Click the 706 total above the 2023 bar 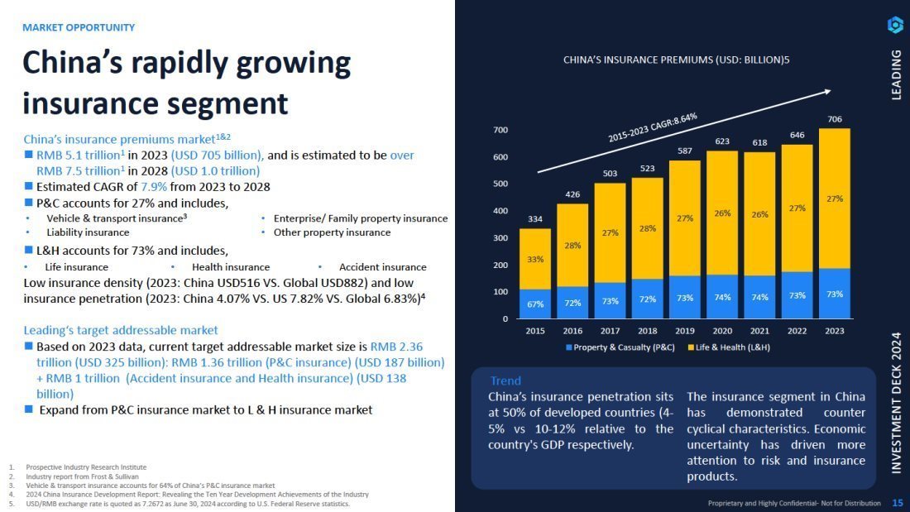click(x=835, y=119)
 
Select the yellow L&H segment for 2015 click(x=535, y=259)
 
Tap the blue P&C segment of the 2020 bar click(x=722, y=297)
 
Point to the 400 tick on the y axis click(x=501, y=211)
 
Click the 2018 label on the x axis click(x=648, y=330)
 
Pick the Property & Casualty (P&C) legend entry click(x=620, y=347)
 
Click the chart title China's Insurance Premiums click(x=676, y=60)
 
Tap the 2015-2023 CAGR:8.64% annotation click(x=653, y=128)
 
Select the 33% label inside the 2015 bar click(x=535, y=259)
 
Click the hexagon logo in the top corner click(x=895, y=26)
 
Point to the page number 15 click(x=897, y=503)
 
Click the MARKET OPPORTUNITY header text click(x=79, y=27)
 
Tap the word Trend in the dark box click(x=505, y=380)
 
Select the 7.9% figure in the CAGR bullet click(x=156, y=187)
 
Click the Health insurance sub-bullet click(x=230, y=267)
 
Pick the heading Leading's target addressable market click(x=121, y=330)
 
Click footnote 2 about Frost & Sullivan click(x=79, y=476)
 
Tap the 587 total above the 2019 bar click(x=685, y=151)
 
